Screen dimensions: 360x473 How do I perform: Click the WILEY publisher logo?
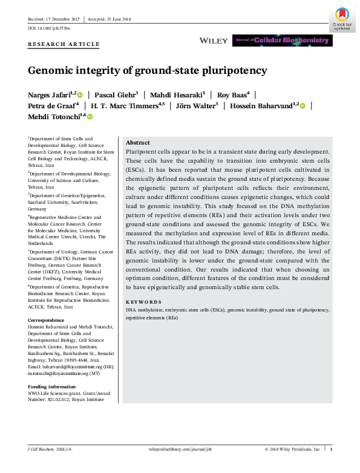click(x=214, y=41)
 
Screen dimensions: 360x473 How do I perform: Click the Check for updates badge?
click(x=342, y=19)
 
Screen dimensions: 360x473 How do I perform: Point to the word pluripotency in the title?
click(x=233, y=70)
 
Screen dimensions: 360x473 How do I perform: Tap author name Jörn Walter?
click(x=195, y=105)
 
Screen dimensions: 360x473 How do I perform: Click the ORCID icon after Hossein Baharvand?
click(x=303, y=106)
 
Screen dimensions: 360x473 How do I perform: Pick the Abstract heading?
click(x=137, y=142)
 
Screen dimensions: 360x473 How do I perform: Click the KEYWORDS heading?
click(x=143, y=301)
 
